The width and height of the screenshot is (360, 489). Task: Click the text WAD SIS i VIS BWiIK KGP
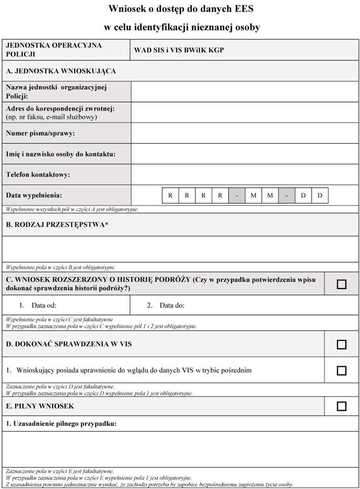(179, 50)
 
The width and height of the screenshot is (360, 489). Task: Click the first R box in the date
(170, 195)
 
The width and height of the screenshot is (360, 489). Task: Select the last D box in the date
(320, 195)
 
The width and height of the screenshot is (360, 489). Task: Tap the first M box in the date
(253, 195)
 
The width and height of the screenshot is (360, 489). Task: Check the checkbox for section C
(342, 284)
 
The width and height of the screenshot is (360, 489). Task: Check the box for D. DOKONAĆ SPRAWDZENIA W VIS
(342, 344)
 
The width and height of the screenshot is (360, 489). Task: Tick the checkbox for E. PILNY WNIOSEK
(342, 406)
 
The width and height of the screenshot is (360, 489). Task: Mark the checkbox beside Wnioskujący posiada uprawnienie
(342, 370)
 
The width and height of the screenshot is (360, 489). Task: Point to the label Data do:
(172, 305)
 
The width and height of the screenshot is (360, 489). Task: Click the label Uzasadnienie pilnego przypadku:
(61, 423)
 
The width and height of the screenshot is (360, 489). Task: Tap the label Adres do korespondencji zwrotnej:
(60, 109)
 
